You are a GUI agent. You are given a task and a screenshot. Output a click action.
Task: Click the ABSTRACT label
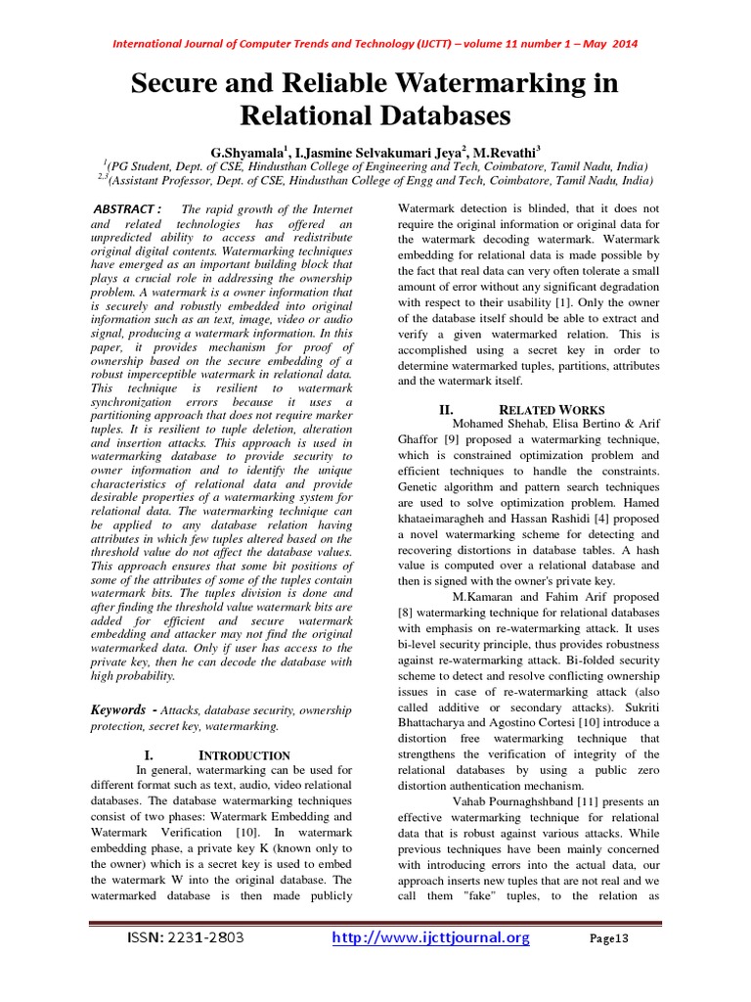[124, 209]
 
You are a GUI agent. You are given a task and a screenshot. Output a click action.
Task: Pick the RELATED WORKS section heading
[552, 410]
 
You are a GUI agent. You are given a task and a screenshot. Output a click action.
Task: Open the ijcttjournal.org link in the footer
[431, 938]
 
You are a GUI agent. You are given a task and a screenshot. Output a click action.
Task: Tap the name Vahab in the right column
[473, 801]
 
